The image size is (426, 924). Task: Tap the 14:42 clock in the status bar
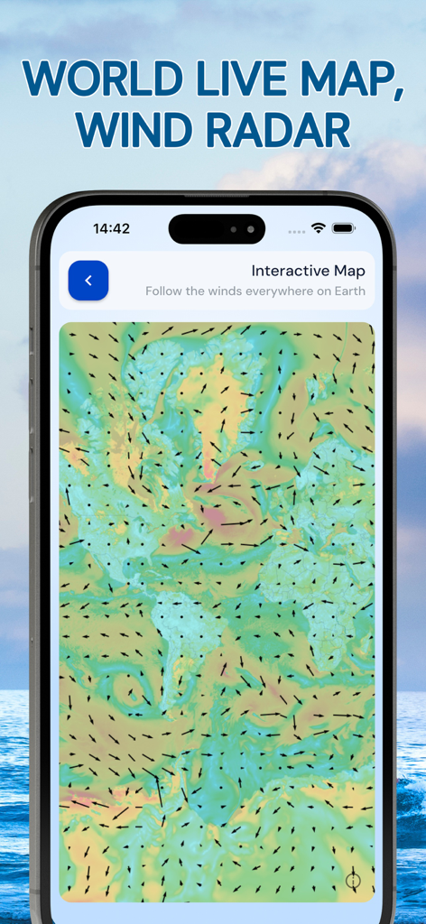tap(112, 229)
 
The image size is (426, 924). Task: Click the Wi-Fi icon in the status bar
tap(318, 229)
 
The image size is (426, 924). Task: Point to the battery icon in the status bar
tap(343, 229)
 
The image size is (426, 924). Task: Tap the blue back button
tap(88, 281)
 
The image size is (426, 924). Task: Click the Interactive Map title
tap(308, 271)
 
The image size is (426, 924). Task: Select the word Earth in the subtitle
tap(347, 291)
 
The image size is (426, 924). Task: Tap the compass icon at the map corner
tap(353, 880)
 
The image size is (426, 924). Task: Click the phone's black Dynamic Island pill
tap(217, 229)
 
